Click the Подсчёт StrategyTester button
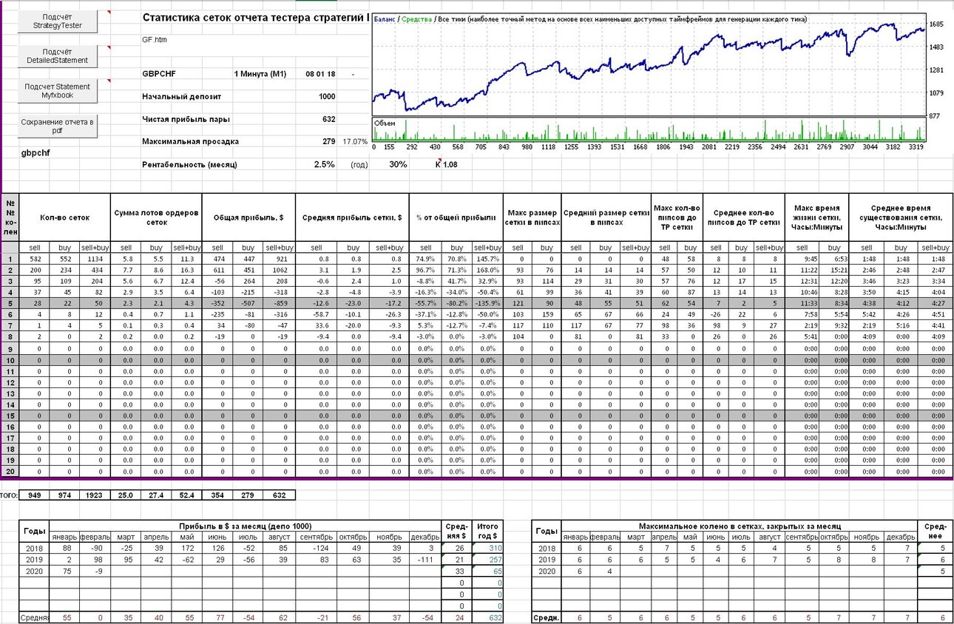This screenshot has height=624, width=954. tap(58, 21)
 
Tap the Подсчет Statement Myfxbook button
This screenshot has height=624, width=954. tap(58, 91)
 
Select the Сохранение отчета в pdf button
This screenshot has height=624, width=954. tap(58, 126)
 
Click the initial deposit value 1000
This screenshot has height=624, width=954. tap(327, 97)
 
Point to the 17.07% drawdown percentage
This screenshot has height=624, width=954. tap(355, 142)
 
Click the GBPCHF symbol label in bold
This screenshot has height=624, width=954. tap(159, 74)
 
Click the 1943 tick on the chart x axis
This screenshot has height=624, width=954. tap(686, 147)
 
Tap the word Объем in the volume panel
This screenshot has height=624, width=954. tap(385, 123)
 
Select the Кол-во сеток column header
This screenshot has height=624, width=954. tap(65, 217)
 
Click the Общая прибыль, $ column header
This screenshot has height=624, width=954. tap(248, 217)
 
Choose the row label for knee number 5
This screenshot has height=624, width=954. tap(10, 303)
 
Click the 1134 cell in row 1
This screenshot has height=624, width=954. tap(95, 259)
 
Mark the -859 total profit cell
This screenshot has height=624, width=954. tap(280, 303)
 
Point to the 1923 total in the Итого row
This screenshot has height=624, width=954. tap(94, 495)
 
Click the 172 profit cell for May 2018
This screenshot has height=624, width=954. tap(187, 549)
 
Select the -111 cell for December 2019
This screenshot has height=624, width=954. tap(425, 560)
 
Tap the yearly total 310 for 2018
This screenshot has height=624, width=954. tap(495, 549)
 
